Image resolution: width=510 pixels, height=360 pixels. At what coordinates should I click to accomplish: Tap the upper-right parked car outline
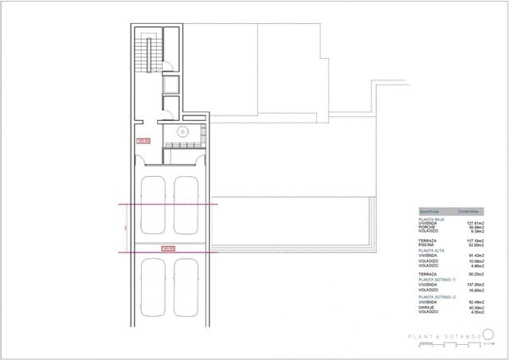185,205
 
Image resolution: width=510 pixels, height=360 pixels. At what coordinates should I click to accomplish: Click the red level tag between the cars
168,248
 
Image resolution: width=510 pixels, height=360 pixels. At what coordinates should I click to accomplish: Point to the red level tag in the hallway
144,141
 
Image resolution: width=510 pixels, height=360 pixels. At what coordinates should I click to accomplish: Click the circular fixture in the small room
182,132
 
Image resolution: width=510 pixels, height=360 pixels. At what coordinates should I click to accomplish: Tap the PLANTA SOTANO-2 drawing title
443,337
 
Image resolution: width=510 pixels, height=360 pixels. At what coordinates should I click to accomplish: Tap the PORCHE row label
429,228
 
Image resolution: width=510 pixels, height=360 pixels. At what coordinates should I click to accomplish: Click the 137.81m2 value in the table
477,223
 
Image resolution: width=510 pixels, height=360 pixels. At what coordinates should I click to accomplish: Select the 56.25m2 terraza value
478,273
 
